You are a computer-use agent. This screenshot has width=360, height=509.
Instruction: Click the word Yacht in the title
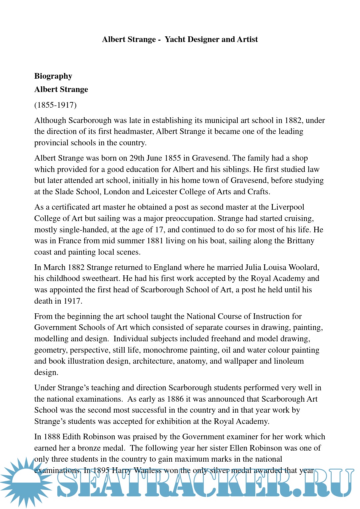[x=175, y=39]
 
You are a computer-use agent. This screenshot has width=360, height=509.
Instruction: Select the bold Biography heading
[x=53, y=76]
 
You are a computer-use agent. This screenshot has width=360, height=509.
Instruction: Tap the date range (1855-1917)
[x=55, y=105]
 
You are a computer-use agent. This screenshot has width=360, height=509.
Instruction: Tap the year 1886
[x=176, y=399]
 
